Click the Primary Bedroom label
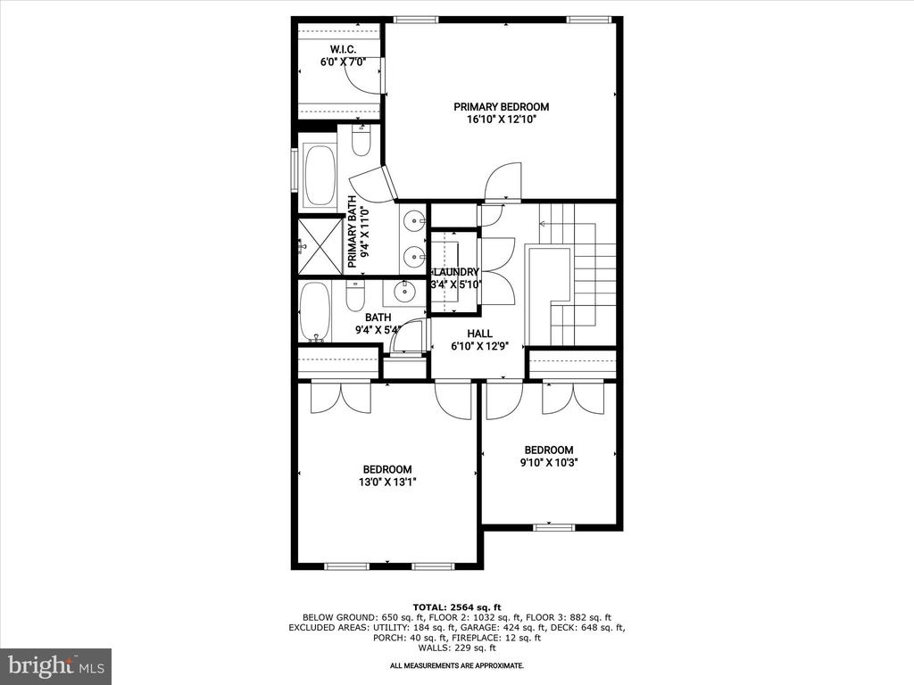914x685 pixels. (502, 107)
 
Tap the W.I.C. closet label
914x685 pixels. (343, 50)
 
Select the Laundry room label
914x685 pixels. (456, 272)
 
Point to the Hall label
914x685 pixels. (479, 334)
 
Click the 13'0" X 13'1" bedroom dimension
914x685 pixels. (387, 483)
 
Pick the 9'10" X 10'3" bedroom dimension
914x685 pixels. (549, 463)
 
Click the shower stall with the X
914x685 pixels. (320, 245)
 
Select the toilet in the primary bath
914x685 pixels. (361, 140)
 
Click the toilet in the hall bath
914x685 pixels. (354, 296)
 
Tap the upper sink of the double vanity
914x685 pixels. (414, 221)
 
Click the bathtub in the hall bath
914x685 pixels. (314, 312)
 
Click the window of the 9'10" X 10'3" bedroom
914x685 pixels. (553, 527)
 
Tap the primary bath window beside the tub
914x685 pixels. (295, 169)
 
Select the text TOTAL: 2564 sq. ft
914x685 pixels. (457, 607)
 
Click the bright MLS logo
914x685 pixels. (56, 664)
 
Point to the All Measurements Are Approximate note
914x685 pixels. (457, 665)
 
